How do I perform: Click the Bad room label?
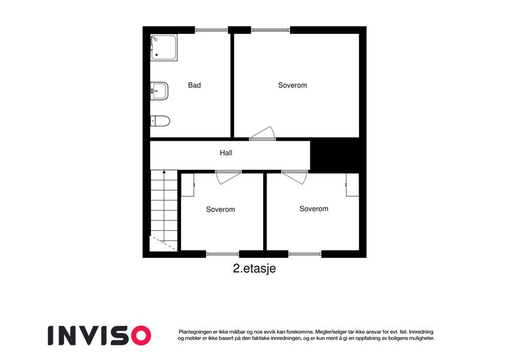(x=194, y=85)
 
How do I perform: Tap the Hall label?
(x=226, y=153)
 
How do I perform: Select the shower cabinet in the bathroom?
(x=164, y=47)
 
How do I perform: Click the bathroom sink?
(x=159, y=91)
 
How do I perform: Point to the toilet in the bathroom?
(x=160, y=121)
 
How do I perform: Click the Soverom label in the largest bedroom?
(x=293, y=85)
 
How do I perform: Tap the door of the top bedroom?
(x=263, y=134)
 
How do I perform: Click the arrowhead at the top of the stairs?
(x=164, y=172)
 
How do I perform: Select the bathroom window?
(x=211, y=30)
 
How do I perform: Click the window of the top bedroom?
(x=271, y=30)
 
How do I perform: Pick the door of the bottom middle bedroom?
(x=228, y=177)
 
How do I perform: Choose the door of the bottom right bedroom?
(x=294, y=177)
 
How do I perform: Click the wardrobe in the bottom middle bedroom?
(x=188, y=185)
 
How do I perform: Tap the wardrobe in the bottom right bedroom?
(x=352, y=185)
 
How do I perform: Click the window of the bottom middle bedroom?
(x=222, y=254)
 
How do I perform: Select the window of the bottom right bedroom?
(x=305, y=254)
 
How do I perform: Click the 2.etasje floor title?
(x=254, y=269)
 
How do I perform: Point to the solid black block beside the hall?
(x=335, y=155)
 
